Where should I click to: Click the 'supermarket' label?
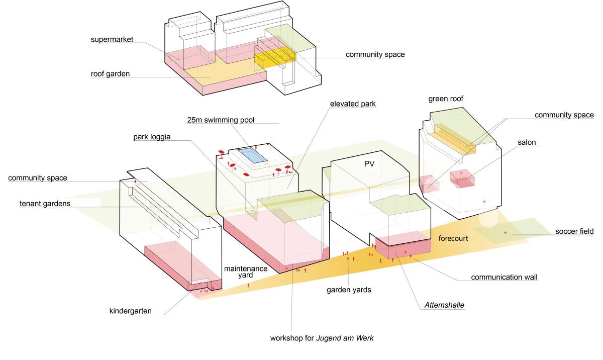coord(112,39)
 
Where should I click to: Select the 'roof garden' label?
coord(110,74)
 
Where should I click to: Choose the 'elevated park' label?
coord(353,104)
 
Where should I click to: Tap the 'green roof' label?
coord(446,99)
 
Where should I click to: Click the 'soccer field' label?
coord(575,232)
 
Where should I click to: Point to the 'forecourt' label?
coord(453,238)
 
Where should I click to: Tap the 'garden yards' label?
coord(348,290)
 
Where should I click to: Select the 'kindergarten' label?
coord(130,311)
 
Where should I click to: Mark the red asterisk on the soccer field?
coord(506,233)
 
